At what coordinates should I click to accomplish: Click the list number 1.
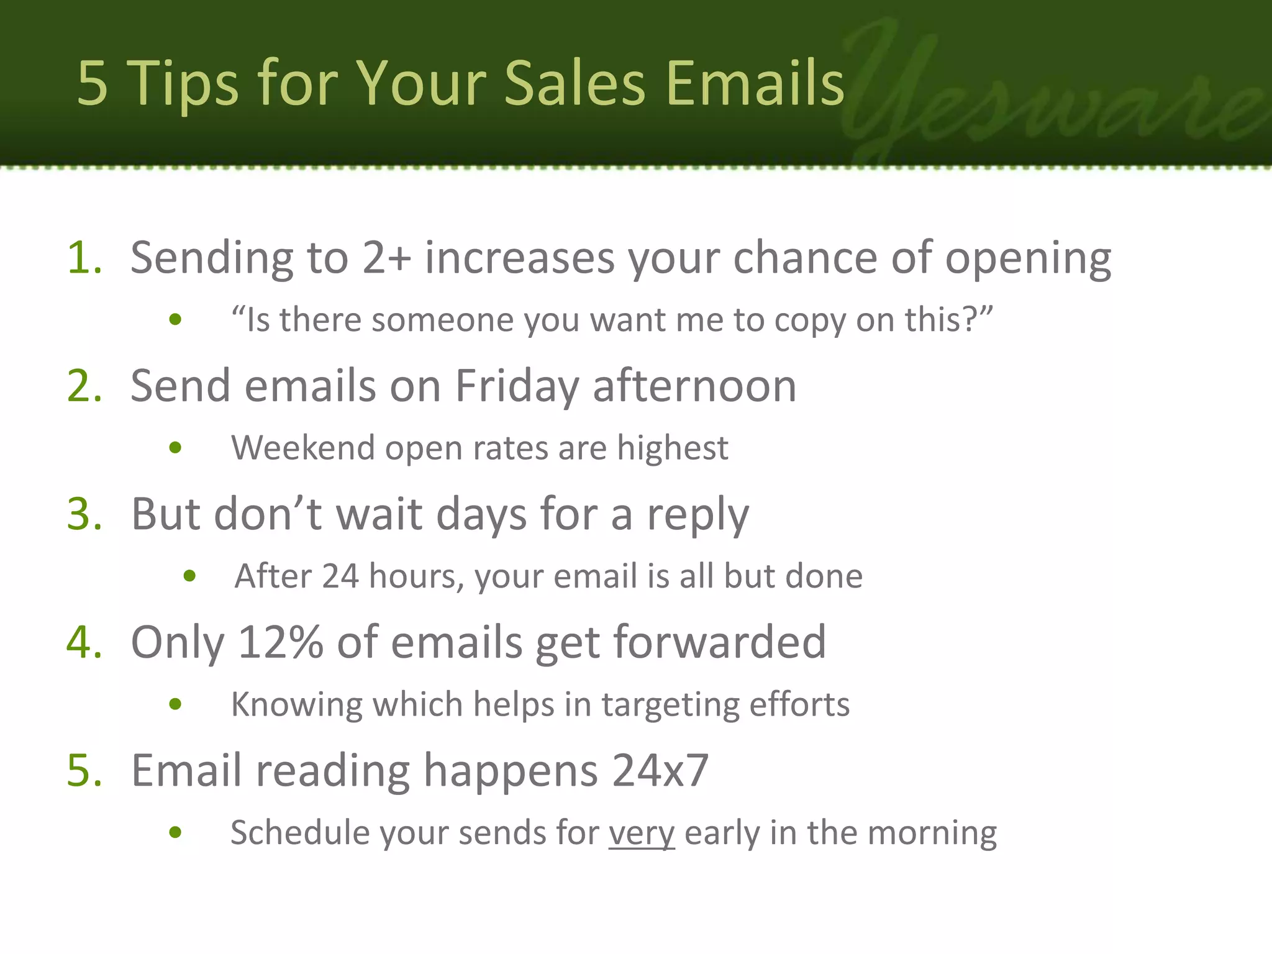click(84, 257)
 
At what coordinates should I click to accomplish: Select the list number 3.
click(84, 514)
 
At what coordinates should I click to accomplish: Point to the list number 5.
click(84, 771)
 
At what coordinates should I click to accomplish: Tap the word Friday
click(517, 386)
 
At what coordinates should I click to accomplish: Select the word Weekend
click(302, 448)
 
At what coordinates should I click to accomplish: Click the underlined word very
click(641, 833)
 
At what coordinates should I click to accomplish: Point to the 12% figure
click(281, 642)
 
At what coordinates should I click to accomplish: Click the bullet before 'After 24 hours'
click(189, 576)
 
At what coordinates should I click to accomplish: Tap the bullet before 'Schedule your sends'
click(175, 833)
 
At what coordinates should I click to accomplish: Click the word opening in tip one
click(1028, 258)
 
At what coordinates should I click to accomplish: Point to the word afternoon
click(694, 386)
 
